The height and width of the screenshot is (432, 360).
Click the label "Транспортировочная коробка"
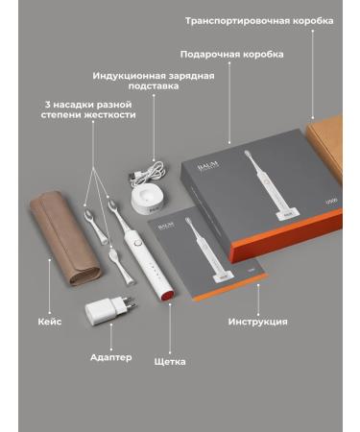tap(259, 21)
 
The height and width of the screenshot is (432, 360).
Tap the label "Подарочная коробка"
tap(231, 55)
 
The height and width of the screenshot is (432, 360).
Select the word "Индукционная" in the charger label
tap(130, 76)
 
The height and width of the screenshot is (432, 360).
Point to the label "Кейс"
tap(50, 322)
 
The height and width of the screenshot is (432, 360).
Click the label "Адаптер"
tap(111, 357)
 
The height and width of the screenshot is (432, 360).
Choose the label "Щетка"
tap(170, 362)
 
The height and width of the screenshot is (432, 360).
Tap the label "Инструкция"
tap(258, 322)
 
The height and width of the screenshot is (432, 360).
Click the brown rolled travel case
tap(64, 237)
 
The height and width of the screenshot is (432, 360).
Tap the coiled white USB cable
tap(147, 174)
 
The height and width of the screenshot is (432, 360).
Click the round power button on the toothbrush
tap(138, 243)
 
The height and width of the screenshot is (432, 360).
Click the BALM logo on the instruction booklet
tap(166, 225)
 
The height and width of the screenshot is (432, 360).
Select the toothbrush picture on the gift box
tap(272, 184)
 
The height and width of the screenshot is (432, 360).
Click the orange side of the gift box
tap(286, 235)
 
